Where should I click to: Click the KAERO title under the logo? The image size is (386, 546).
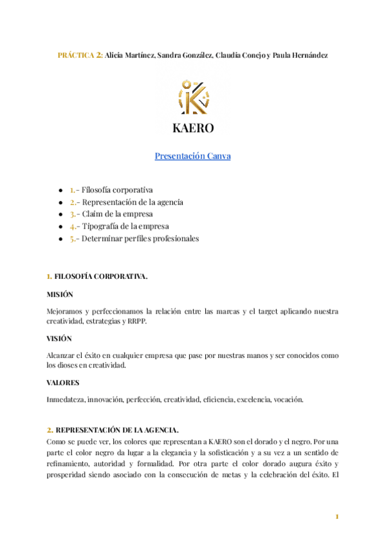193,127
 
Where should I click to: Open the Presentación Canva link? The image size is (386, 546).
192,156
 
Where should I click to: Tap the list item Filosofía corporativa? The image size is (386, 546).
116,190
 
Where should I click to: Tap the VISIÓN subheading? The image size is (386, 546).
59,338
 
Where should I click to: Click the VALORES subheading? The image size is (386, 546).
62,382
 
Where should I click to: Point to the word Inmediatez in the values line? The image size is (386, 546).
65,399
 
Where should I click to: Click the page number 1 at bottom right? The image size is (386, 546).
336,516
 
